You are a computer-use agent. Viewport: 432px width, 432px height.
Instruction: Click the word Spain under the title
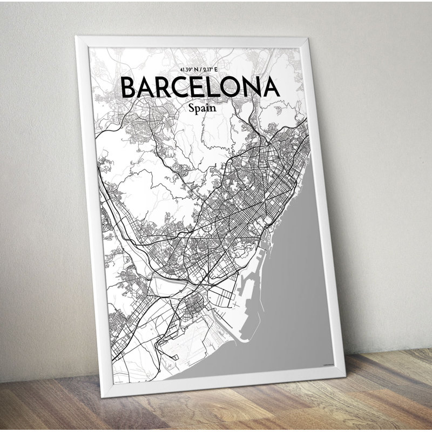coord(202,107)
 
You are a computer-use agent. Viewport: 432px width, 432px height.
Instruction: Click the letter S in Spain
coord(192,107)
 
